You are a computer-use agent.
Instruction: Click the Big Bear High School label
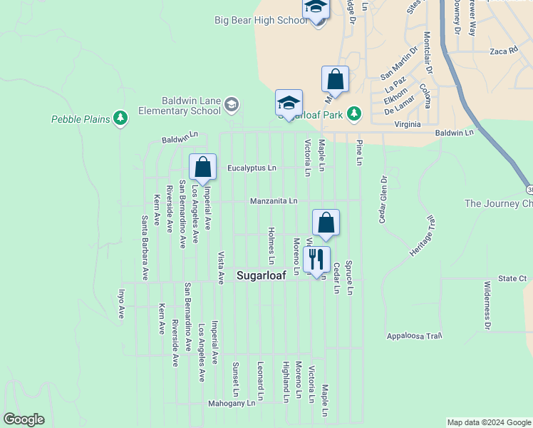(261, 20)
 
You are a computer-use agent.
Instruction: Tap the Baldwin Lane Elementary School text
(180, 106)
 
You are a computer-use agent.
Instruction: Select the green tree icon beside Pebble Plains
(120, 118)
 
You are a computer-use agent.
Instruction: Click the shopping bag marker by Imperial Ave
(203, 168)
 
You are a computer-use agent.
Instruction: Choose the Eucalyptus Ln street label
(252, 168)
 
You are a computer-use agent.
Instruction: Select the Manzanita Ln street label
(274, 201)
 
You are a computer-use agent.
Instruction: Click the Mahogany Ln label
(231, 404)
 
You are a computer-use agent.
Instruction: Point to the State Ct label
(512, 278)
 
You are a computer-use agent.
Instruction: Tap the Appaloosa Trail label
(414, 335)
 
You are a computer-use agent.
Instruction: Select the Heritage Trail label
(421, 235)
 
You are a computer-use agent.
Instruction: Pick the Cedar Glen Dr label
(383, 199)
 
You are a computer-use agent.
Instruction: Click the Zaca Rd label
(502, 51)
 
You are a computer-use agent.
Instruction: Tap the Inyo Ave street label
(121, 302)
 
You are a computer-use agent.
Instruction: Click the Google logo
(24, 419)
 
